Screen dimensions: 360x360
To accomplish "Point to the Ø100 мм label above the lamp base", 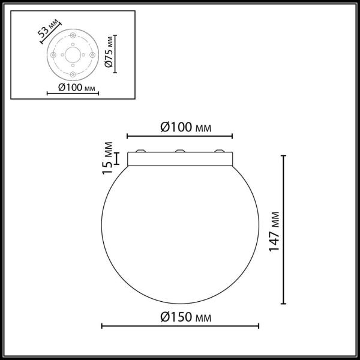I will coord(181,127).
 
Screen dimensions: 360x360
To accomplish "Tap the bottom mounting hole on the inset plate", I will coord(73,73).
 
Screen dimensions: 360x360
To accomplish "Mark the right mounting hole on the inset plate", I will coord(91,55).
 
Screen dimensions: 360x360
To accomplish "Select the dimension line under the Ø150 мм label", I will coord(180,326).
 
